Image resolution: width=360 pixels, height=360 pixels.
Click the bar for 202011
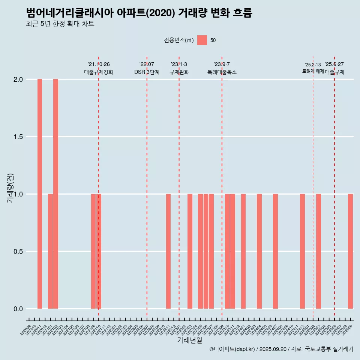(x=40, y=194)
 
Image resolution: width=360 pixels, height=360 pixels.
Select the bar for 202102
(x=55, y=194)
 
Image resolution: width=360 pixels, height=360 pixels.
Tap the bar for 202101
(x=50, y=251)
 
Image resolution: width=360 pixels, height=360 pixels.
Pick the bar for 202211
(x=168, y=251)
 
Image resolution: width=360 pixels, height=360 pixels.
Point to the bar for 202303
(x=190, y=251)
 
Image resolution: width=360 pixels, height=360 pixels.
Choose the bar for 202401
(x=243, y=251)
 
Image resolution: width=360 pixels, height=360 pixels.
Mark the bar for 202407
(x=275, y=251)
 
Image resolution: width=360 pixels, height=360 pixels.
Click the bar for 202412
(x=302, y=251)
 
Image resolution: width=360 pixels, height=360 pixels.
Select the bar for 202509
(x=350, y=251)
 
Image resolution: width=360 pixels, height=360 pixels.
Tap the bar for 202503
(x=318, y=251)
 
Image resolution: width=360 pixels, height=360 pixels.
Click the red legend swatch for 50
(x=202, y=40)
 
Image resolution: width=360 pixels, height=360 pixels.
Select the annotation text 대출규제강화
(x=99, y=72)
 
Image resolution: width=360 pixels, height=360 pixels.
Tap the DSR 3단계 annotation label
(x=147, y=72)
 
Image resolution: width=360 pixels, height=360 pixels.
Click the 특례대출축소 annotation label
(x=222, y=72)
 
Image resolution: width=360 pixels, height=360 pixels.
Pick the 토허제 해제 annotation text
(x=313, y=71)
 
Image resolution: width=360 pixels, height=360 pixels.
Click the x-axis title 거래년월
(x=189, y=340)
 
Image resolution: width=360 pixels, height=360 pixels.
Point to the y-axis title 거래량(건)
(x=10, y=188)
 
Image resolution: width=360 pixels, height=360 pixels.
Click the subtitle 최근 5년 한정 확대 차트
(x=60, y=24)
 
